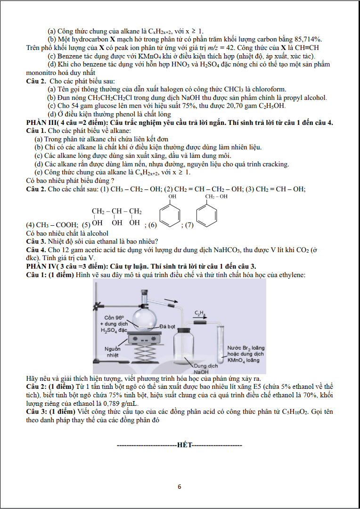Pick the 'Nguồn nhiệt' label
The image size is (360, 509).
click(113, 352)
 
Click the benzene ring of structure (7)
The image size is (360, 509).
click(208, 216)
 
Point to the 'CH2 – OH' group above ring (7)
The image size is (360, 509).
click(216, 197)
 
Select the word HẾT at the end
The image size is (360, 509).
click(185, 445)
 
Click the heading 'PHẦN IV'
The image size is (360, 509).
click(38, 267)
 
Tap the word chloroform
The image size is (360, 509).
click(270, 89)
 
